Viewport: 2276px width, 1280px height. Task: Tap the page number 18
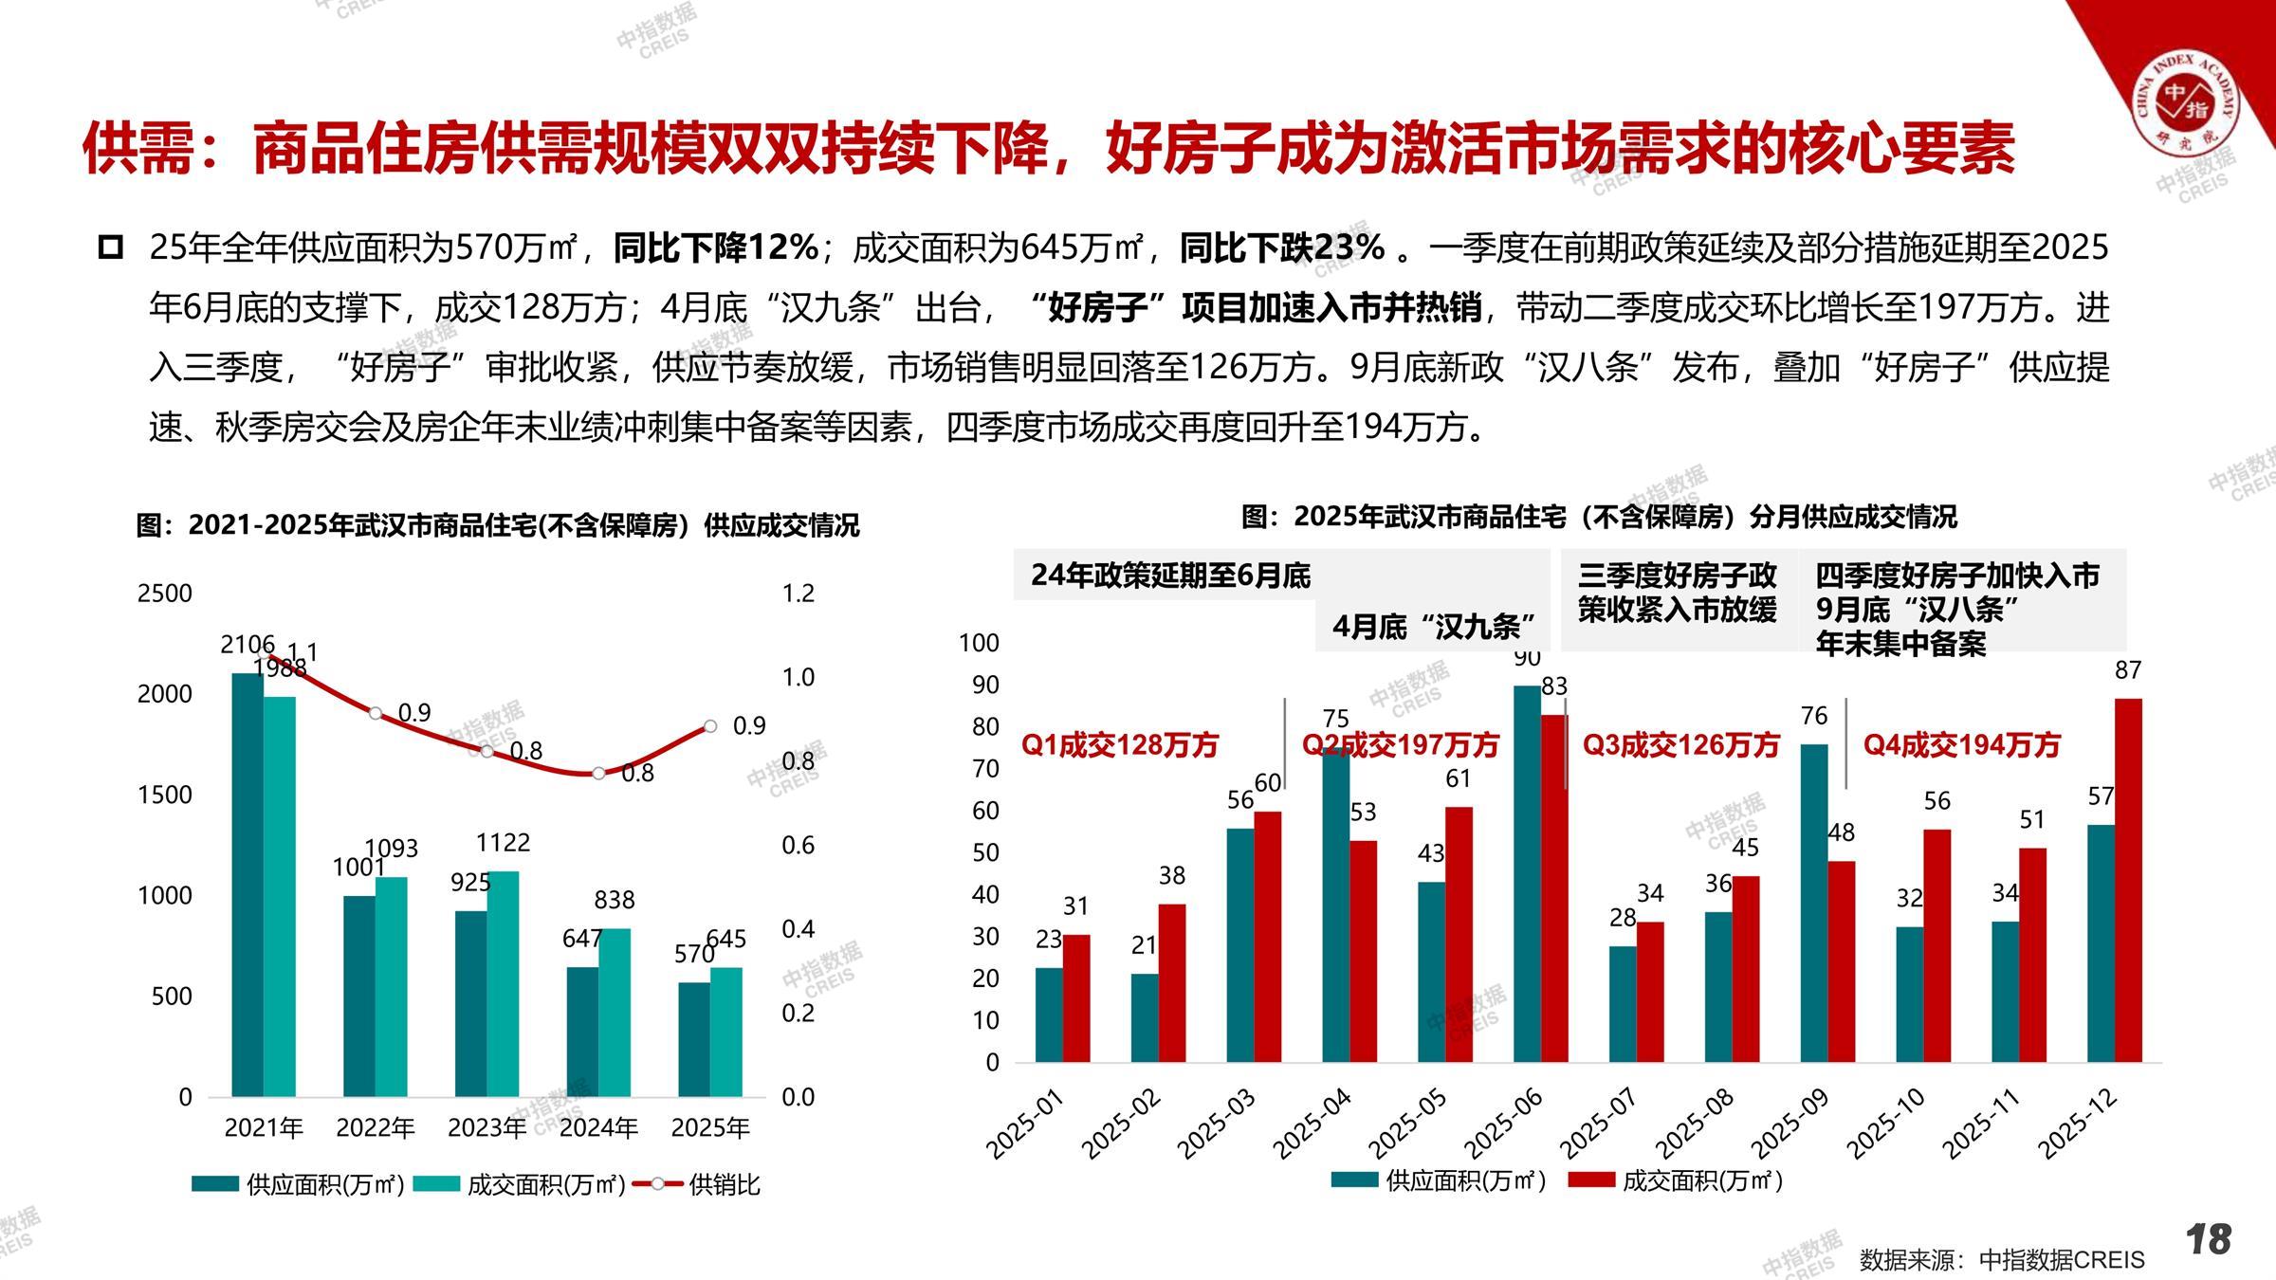pyautogui.click(x=2209, y=1239)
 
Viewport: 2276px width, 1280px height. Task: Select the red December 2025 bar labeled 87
pyautogui.click(x=2128, y=880)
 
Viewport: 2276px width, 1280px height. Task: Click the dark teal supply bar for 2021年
pyautogui.click(x=248, y=885)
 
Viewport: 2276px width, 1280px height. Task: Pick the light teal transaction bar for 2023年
pyautogui.click(x=503, y=983)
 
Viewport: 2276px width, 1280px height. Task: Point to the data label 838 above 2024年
pyautogui.click(x=614, y=899)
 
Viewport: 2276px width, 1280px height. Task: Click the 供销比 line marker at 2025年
pyautogui.click(x=710, y=726)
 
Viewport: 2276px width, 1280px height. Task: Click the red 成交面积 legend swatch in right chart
pyautogui.click(x=1590, y=1180)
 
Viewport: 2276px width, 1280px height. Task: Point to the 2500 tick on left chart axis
pyautogui.click(x=165, y=594)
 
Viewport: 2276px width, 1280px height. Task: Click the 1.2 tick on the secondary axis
pyautogui.click(x=798, y=594)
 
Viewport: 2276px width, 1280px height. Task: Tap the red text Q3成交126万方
pyautogui.click(x=1680, y=745)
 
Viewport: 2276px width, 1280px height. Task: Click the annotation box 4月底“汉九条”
pyautogui.click(x=1433, y=627)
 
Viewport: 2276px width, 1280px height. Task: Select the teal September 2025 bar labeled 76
pyautogui.click(x=1814, y=903)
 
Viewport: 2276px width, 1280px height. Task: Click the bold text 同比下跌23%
pyautogui.click(x=1282, y=248)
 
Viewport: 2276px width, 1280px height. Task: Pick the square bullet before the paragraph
pyautogui.click(x=111, y=248)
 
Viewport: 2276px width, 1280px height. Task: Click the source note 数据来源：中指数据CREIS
pyautogui.click(x=2001, y=1259)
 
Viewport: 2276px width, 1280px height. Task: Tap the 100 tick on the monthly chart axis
pyautogui.click(x=979, y=643)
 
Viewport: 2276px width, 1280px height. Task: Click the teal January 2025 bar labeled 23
pyautogui.click(x=1049, y=1015)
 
